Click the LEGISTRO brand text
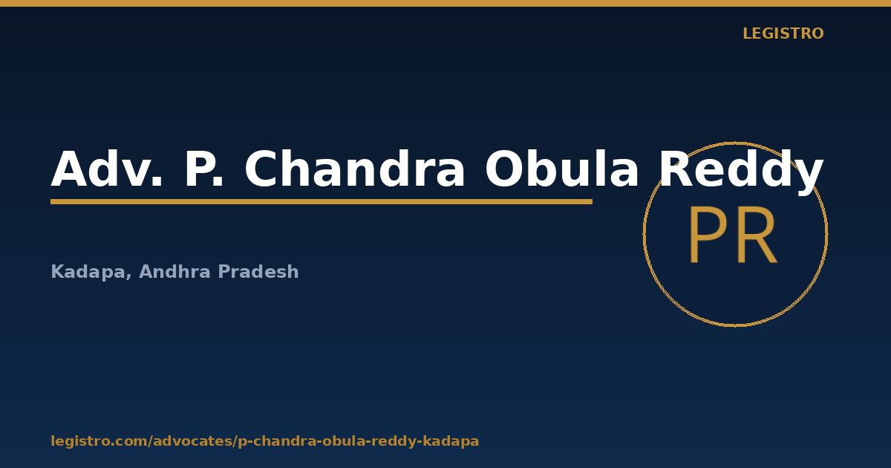pos(783,33)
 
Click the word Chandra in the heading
pos(354,169)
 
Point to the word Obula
pos(561,169)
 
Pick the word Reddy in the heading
pos(741,172)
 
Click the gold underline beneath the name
pos(322,202)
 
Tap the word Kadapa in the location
pos(88,272)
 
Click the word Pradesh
pos(258,271)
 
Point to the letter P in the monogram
pos(708,235)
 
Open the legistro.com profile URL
pos(265,441)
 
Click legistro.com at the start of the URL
pos(99,441)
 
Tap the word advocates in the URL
pos(193,441)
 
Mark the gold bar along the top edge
pos(446,3)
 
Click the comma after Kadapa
pos(128,277)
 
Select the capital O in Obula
pos(504,169)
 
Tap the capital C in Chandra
pos(261,169)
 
